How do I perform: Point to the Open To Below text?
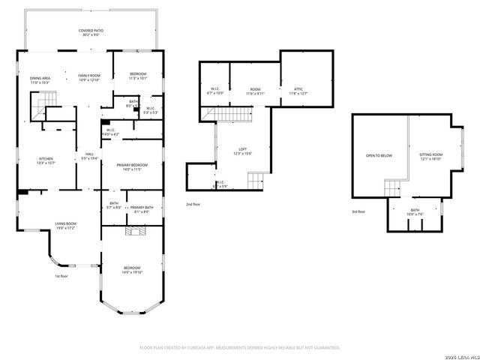[379, 155]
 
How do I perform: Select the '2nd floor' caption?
[193, 204]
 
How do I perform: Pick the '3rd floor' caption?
[359, 211]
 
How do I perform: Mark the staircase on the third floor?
[393, 187]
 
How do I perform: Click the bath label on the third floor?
[415, 211]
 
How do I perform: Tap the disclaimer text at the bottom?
[240, 348]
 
